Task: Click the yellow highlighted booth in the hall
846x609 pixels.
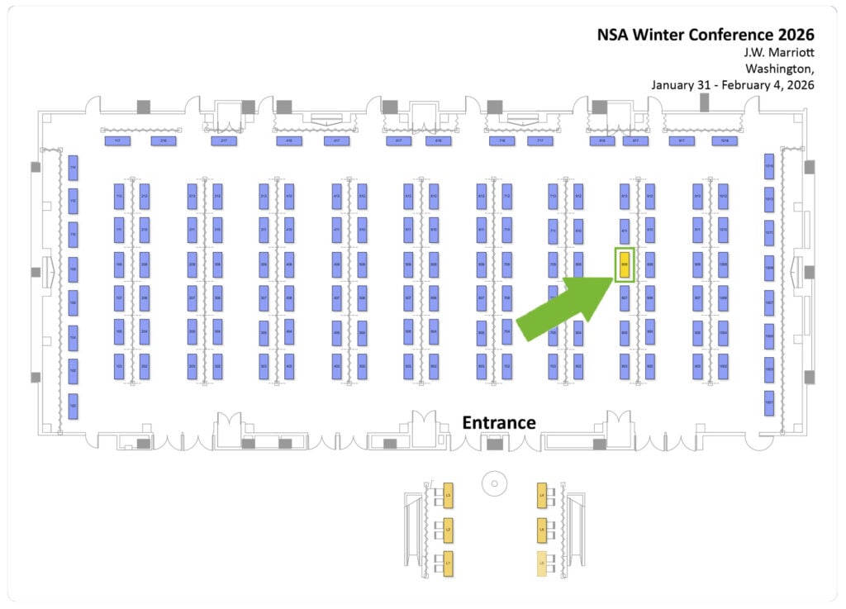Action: [x=625, y=265]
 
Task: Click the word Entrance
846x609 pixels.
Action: [x=498, y=422]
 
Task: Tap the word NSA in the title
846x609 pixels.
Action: [x=616, y=35]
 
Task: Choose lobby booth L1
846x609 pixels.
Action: [x=448, y=562]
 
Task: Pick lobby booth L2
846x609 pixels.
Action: [x=448, y=529]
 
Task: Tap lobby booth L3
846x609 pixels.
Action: [x=448, y=495]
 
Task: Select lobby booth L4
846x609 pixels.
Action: [x=542, y=495]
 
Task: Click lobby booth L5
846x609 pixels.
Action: [x=542, y=529]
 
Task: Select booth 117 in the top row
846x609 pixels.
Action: [x=117, y=141]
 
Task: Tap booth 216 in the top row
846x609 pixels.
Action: [x=164, y=141]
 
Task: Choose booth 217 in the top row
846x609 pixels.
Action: [x=223, y=141]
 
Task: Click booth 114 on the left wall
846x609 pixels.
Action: [x=73, y=167]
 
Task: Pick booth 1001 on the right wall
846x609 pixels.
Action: [x=769, y=402]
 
